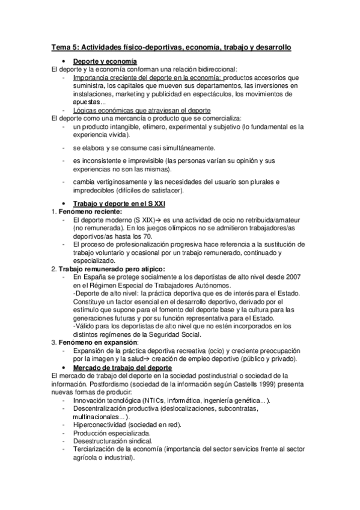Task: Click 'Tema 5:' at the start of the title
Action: click(x=64, y=46)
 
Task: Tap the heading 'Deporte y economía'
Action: click(x=105, y=61)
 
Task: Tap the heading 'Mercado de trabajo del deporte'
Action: click(x=122, y=367)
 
